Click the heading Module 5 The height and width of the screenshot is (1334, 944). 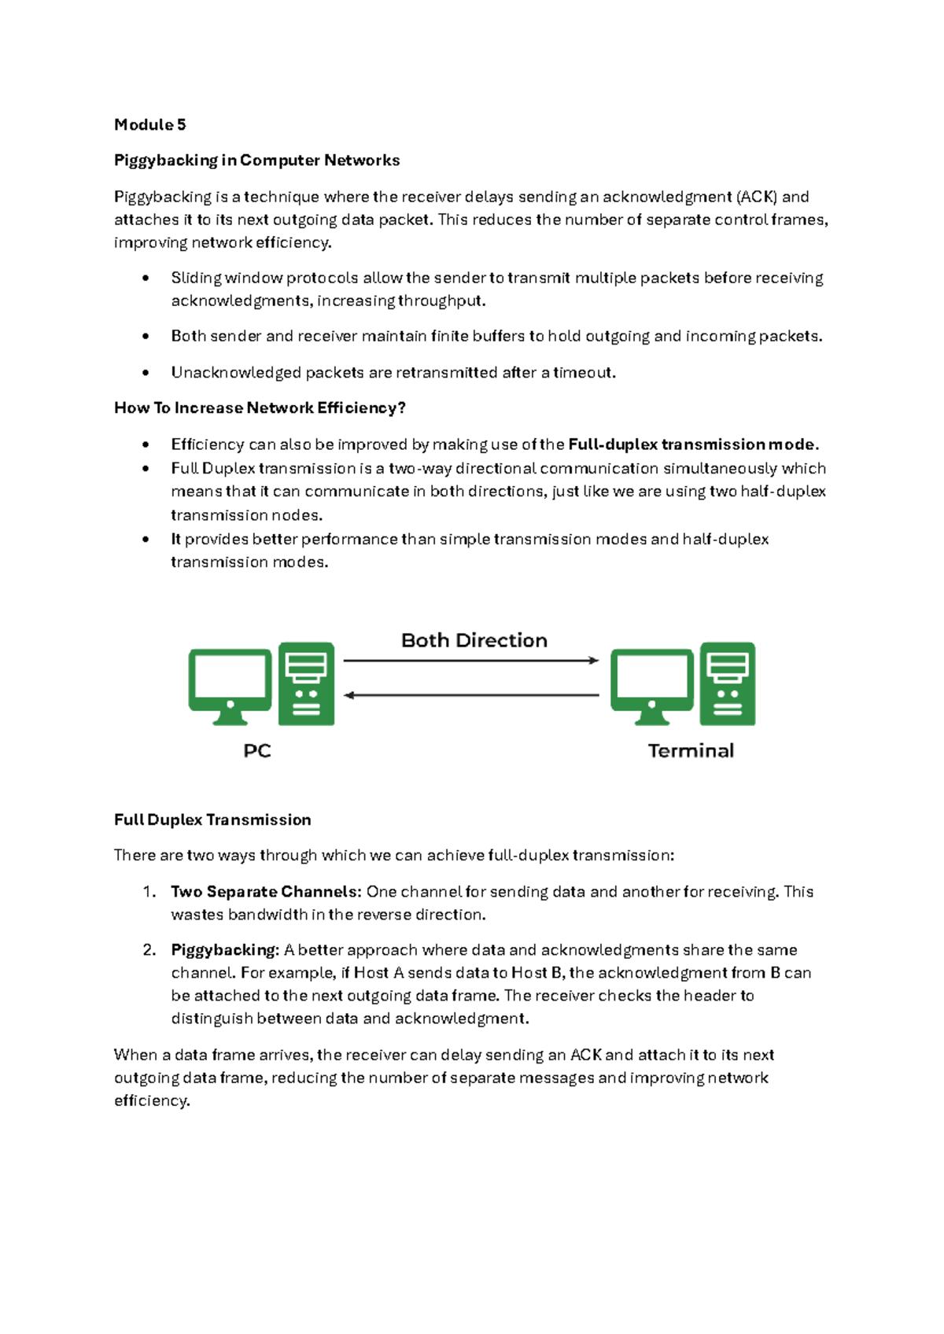(149, 124)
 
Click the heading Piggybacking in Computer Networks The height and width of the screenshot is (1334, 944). (256, 160)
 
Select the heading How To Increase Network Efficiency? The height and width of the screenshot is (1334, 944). (260, 407)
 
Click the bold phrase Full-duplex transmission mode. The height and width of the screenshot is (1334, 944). (692, 444)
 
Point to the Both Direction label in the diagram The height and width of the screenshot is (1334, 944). (474, 640)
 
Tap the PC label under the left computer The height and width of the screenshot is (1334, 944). (256, 751)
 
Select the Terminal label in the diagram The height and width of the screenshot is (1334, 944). (691, 751)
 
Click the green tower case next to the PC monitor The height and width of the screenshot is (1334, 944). (306, 684)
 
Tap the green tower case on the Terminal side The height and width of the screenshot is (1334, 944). (728, 684)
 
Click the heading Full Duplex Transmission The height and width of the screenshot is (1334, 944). (212, 820)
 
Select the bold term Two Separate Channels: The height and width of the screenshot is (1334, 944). (266, 891)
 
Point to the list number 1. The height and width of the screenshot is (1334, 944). (149, 891)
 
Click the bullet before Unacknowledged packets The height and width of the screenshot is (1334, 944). (146, 373)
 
